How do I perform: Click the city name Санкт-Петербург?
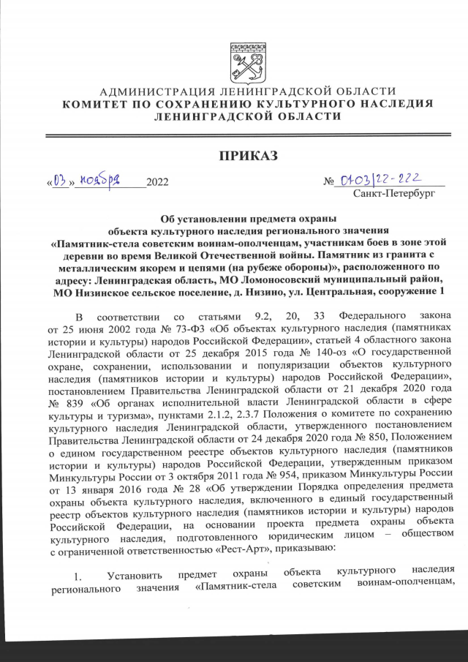pos(393,195)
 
